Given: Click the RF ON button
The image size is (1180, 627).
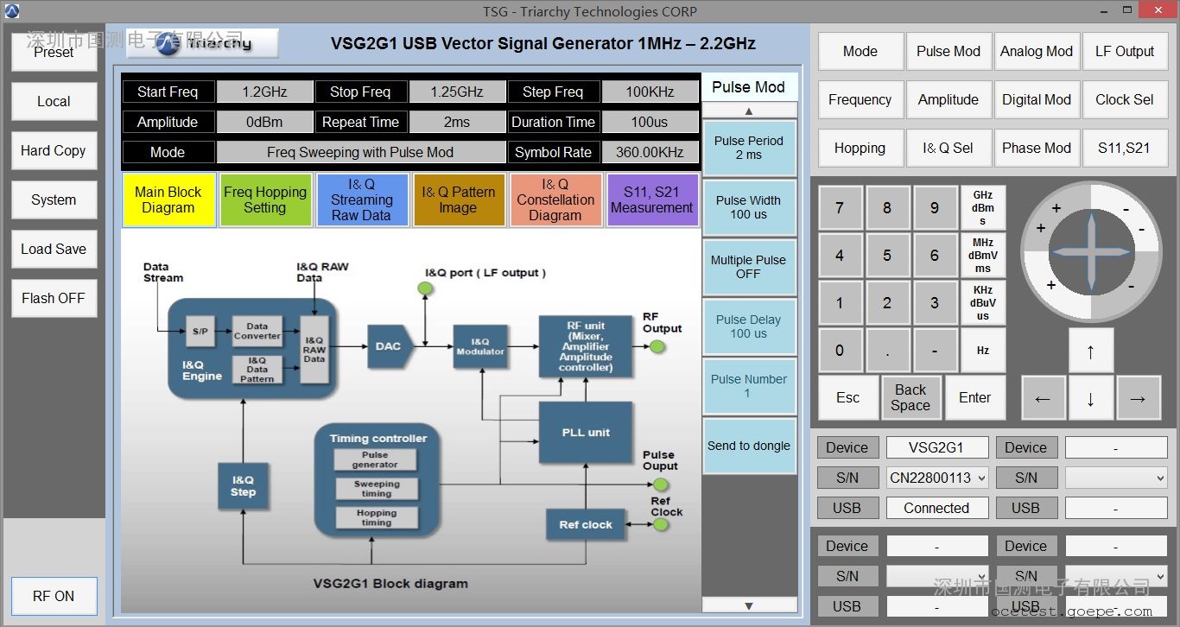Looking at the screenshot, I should coord(54,596).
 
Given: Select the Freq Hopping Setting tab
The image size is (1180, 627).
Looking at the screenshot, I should coord(264,199).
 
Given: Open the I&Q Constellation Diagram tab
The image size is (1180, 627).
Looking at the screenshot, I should coord(555,199).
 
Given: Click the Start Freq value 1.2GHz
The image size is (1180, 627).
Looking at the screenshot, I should coord(264,92).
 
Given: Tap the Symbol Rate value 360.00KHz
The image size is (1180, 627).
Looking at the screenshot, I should coord(650,152).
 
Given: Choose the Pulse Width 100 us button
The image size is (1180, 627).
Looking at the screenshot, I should coord(748,207).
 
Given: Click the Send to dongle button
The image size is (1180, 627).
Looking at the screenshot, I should coord(748,446).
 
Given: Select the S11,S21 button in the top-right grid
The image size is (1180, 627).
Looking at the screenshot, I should coord(1124,148).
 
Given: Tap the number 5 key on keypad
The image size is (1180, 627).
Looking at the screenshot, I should coord(887,256).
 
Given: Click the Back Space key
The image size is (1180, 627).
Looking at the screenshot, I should coord(910,397).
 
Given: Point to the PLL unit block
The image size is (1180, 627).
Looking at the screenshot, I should coord(586,432).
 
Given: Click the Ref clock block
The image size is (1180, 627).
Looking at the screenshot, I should coord(585,524).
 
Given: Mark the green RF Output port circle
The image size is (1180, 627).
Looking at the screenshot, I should coord(657,346).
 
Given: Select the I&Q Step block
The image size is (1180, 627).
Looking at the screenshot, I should coord(243,485).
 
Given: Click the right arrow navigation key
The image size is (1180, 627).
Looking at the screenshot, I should coord(1138,398).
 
